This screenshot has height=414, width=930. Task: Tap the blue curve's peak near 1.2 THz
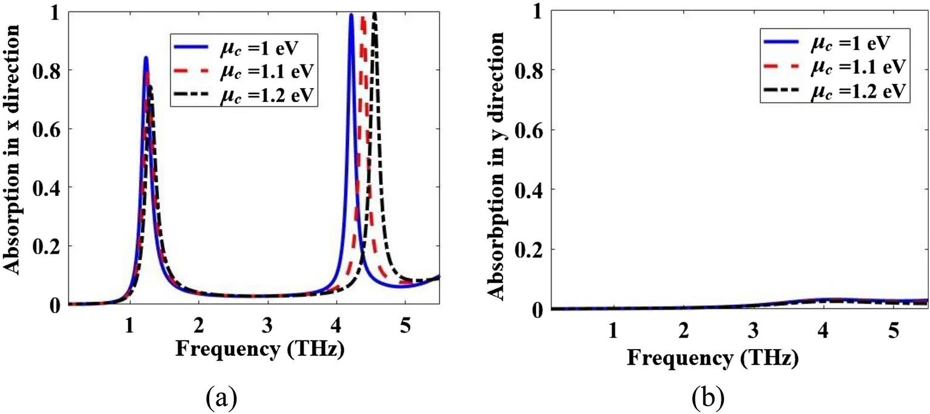146,58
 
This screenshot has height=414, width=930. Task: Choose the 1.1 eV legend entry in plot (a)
243,71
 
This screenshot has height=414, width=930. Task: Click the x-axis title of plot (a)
253,350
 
